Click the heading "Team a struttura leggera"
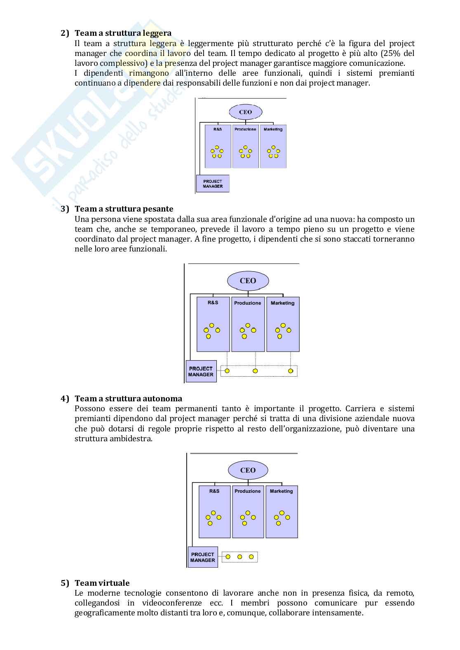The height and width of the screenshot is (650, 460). point(123,33)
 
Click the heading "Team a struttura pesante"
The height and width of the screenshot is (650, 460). point(124,209)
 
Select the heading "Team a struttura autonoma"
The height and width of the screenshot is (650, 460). point(128,398)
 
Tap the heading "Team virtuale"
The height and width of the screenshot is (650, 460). point(102,583)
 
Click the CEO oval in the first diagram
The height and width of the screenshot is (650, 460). point(246,112)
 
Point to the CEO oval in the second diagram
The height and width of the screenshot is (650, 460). point(248,281)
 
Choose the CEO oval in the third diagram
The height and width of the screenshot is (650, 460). point(248,470)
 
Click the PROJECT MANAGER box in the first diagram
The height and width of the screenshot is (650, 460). point(213,184)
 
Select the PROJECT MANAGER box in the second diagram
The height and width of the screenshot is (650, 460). point(201,371)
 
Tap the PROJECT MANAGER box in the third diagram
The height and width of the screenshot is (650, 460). point(202,557)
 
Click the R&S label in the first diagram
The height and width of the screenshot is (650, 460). point(218,129)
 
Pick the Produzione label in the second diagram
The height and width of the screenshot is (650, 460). point(248,303)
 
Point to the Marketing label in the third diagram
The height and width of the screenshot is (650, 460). point(282,491)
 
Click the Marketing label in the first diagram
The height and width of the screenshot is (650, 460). point(273,129)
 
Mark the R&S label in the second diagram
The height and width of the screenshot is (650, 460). point(213,303)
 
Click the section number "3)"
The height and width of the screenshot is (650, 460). point(65,209)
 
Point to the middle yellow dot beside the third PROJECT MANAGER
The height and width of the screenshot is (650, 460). point(239,557)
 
